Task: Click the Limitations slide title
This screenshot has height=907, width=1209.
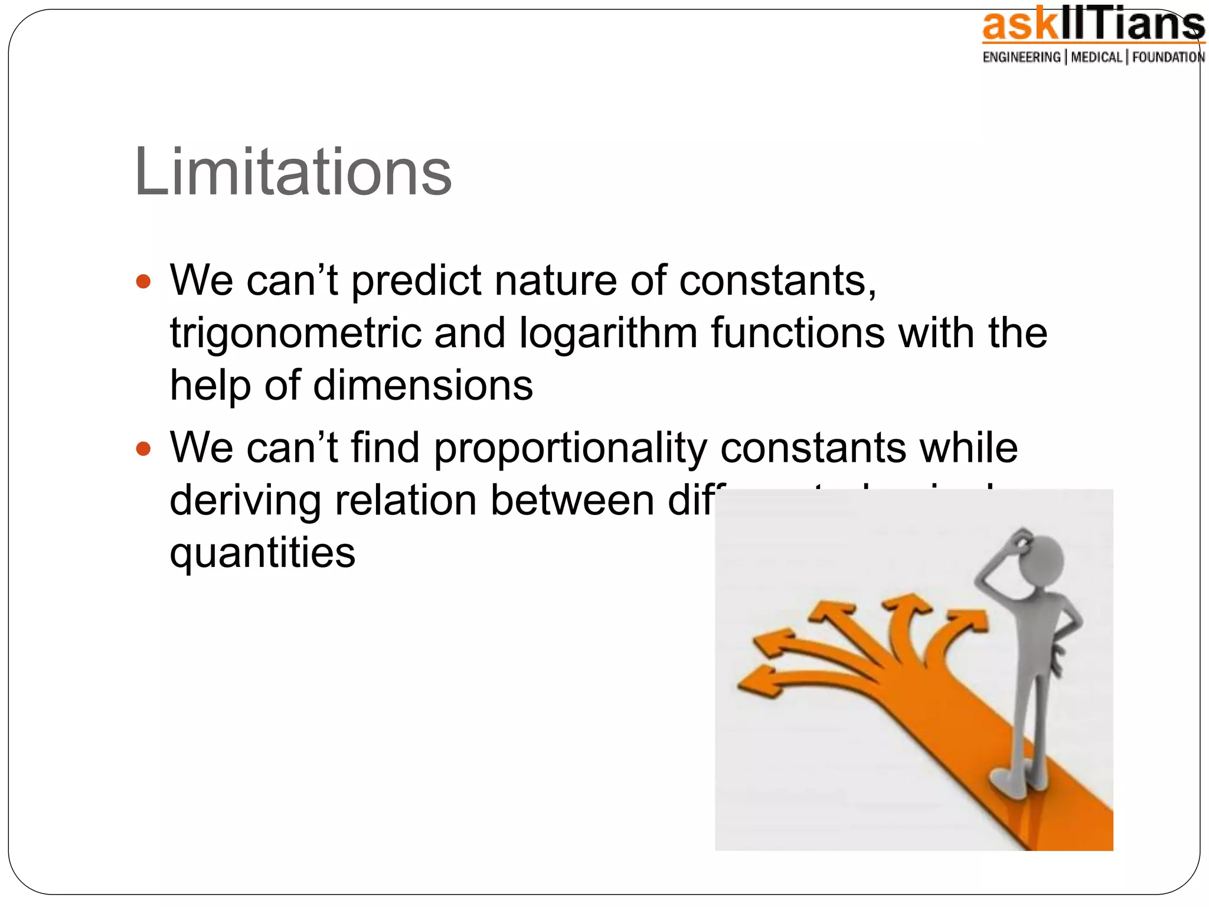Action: pyautogui.click(x=293, y=172)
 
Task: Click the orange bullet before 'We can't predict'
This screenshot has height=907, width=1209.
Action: pyautogui.click(x=143, y=281)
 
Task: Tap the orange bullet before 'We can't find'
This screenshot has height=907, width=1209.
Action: pyautogui.click(x=143, y=449)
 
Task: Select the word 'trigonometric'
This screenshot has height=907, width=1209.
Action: pyautogui.click(x=295, y=333)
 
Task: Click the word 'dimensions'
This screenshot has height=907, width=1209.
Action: pyautogui.click(x=423, y=386)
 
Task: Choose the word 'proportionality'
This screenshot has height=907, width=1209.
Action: pyautogui.click(x=570, y=448)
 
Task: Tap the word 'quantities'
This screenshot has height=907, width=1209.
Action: pyautogui.click(x=263, y=553)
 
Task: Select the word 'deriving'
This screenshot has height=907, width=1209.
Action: pyautogui.click(x=245, y=500)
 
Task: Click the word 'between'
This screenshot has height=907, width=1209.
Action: pyautogui.click(x=572, y=500)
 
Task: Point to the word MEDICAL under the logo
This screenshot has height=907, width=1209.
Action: pyautogui.click(x=1096, y=57)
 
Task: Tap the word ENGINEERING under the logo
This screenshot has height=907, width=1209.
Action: pyautogui.click(x=1021, y=57)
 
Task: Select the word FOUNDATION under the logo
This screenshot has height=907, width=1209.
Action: pyautogui.click(x=1168, y=57)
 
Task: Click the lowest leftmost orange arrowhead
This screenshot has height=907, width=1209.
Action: pyautogui.click(x=756, y=683)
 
